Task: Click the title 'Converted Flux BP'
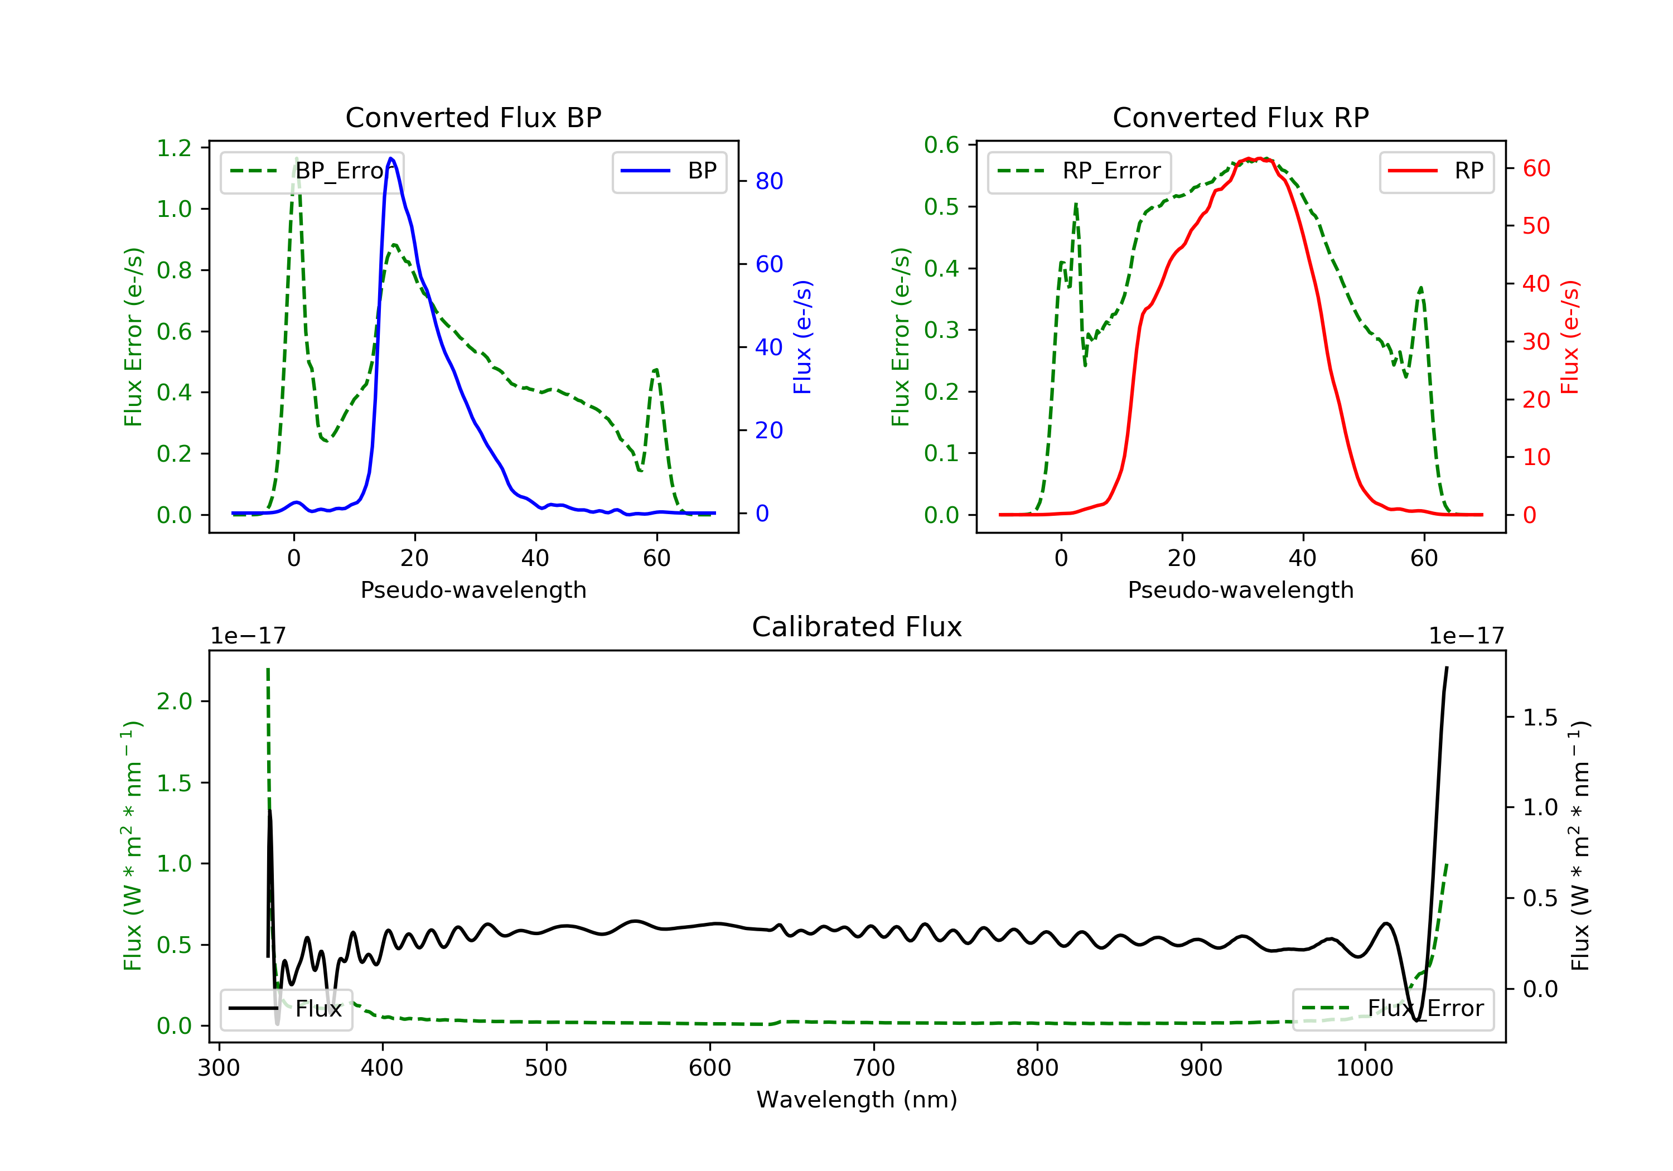(473, 117)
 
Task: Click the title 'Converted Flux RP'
(1240, 117)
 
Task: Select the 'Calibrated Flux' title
(857, 627)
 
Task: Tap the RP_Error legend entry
(1079, 171)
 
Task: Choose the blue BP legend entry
(669, 171)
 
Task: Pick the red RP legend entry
(1435, 171)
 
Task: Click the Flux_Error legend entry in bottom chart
(1392, 1009)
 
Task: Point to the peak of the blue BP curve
(391, 158)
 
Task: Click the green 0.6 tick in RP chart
(941, 145)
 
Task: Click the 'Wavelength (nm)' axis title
(857, 1100)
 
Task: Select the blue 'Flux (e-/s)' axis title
(802, 337)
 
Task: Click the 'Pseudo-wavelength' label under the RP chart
(1240, 589)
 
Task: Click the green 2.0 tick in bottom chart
(174, 701)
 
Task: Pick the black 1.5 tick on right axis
(1540, 718)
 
